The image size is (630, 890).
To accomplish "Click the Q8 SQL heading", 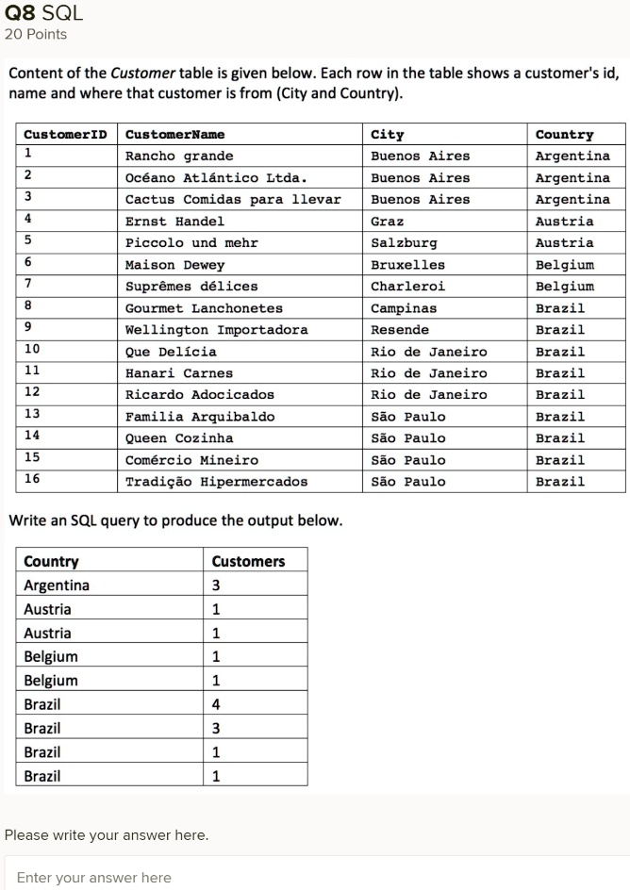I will coord(43,13).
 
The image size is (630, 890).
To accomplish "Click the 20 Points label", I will coord(36,35).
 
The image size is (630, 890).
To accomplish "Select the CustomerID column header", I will coord(64,134).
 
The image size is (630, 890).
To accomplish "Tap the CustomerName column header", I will coord(174,134).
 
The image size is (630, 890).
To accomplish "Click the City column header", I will coord(387,134).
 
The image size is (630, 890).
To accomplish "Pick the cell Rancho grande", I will coord(179,156).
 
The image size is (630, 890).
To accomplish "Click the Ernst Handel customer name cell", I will coord(174,222).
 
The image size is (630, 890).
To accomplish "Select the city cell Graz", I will coord(387,222).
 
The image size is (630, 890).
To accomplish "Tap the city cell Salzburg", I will coord(404,243).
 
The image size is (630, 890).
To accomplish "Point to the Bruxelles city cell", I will coord(407,265).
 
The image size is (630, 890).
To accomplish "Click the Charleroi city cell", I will coord(407,287).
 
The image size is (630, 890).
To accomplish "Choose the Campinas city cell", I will coord(404,308).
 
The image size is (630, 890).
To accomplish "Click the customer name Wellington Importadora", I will coord(216,330).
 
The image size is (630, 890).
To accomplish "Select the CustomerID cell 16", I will coord(32,479).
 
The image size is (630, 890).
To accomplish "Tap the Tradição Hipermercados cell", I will coord(216,482).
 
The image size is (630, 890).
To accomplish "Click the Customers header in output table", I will coord(248,561).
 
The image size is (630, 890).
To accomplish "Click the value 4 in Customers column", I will coord(216,703).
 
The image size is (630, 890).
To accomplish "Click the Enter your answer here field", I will coord(315,877).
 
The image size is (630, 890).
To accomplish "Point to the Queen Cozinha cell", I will coord(179,438).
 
